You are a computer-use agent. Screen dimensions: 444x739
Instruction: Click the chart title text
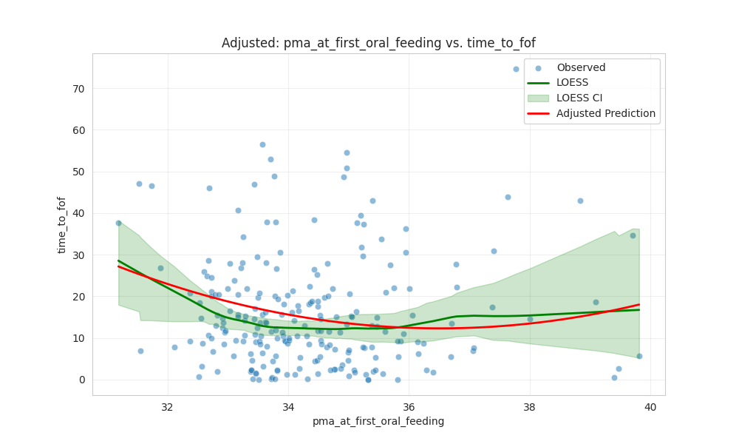pos(378,43)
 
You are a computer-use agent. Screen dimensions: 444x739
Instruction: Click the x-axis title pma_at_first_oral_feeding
pos(378,421)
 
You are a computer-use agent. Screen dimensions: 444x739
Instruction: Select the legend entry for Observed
pos(581,68)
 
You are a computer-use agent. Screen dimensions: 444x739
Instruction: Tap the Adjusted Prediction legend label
pos(606,113)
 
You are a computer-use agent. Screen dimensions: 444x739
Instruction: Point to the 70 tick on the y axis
pos(78,89)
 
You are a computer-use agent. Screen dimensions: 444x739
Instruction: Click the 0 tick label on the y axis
pos(81,380)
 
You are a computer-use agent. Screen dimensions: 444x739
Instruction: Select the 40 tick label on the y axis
pos(78,213)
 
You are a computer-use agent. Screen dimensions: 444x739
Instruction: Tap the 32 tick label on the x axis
pos(167,406)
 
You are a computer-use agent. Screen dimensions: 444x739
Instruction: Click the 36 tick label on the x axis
pos(409,406)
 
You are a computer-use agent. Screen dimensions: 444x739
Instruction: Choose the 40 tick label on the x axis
pos(650,406)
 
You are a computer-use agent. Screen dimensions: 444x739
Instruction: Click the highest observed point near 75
pos(516,69)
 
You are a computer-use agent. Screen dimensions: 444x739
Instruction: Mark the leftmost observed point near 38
pos(118,223)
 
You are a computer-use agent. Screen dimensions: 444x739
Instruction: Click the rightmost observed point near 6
pos(639,356)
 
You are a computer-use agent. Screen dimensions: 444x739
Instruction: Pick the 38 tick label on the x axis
pos(529,406)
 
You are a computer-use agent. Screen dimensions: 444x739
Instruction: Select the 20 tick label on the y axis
pos(78,297)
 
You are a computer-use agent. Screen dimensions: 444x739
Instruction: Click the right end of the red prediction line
pos(638,305)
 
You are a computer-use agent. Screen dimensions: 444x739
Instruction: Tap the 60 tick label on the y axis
pos(78,130)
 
